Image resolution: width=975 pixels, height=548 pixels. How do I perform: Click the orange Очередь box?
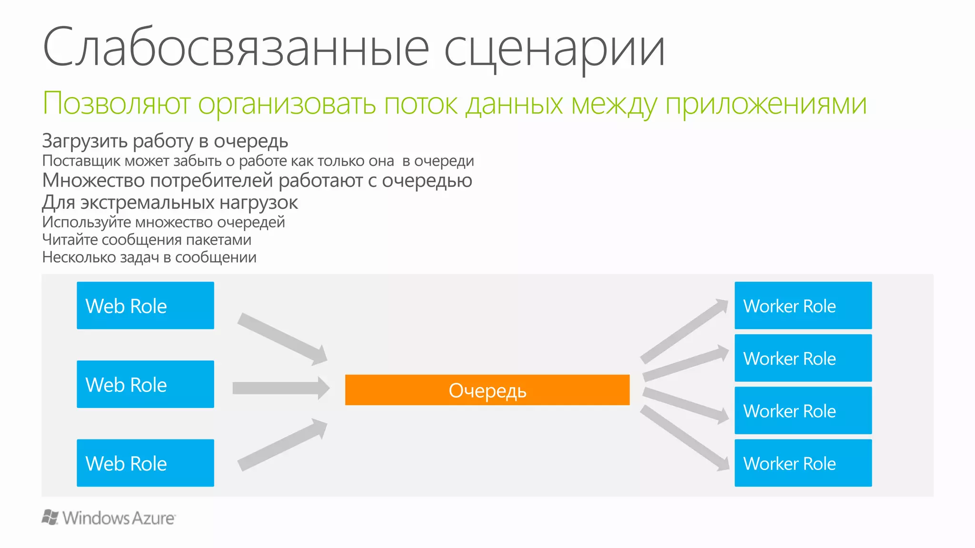tap(487, 390)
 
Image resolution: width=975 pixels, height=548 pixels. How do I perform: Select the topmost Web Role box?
tap(145, 305)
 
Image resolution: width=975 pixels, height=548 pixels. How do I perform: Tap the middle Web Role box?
tap(145, 384)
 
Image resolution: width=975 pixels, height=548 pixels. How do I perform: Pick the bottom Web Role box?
tap(145, 463)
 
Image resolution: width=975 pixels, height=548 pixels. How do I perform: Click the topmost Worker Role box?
tap(803, 305)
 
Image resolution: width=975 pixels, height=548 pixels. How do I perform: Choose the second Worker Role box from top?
tap(803, 358)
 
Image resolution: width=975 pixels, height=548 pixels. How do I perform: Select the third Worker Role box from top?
tap(803, 411)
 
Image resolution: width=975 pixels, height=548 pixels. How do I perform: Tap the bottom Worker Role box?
tap(803, 463)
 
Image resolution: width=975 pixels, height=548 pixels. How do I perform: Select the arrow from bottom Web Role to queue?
tap(281, 445)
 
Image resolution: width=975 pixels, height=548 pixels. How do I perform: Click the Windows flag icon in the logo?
tap(50, 517)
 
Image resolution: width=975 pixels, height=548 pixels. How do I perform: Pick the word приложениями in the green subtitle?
tap(766, 103)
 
